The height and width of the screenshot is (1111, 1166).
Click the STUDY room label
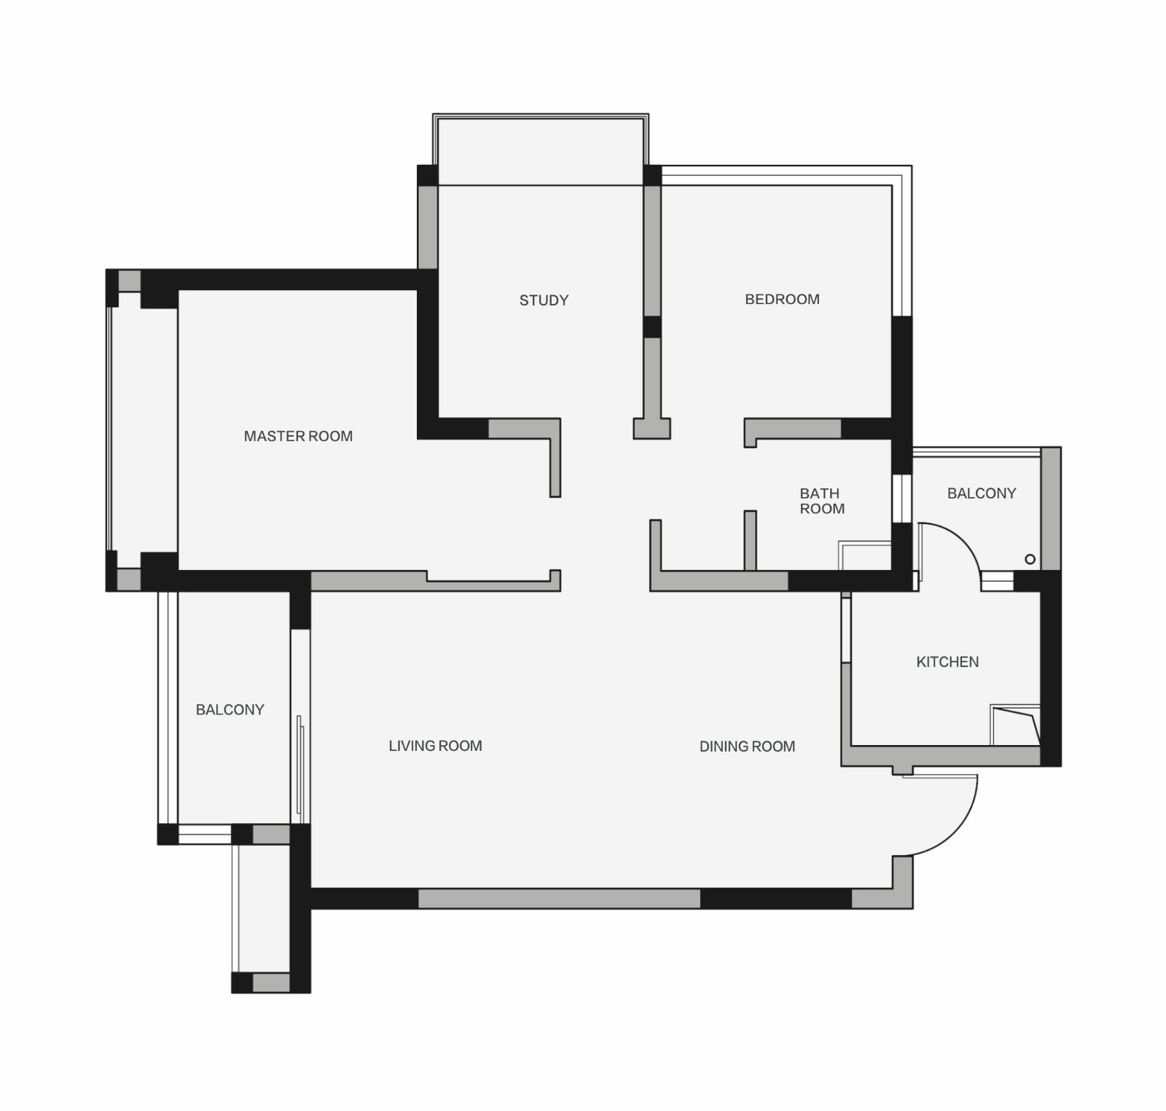tap(544, 300)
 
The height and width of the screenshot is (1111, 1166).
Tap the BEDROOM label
tap(782, 299)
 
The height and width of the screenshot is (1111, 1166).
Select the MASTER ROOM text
tap(298, 436)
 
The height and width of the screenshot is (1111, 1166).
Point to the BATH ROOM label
tap(822, 501)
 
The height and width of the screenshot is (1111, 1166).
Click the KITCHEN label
tap(947, 662)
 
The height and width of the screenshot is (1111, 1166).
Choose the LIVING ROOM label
tap(435, 746)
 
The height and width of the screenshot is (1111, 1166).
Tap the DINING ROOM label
tap(747, 746)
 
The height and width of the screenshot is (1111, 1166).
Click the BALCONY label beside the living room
tap(230, 709)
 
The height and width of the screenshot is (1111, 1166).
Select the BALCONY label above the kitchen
tap(982, 494)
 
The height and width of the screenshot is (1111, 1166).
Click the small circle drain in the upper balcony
tap(1030, 559)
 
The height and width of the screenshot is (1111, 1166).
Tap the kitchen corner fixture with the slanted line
tap(1015, 725)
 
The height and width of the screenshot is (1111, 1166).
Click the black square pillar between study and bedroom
tap(652, 327)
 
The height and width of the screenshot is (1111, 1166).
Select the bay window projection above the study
tap(540, 149)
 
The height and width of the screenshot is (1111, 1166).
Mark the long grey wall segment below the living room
tap(559, 898)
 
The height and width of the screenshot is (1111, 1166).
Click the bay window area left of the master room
tap(143, 430)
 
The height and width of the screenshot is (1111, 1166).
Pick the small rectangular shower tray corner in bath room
tap(865, 555)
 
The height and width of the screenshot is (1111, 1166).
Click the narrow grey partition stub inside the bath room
tap(750, 540)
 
